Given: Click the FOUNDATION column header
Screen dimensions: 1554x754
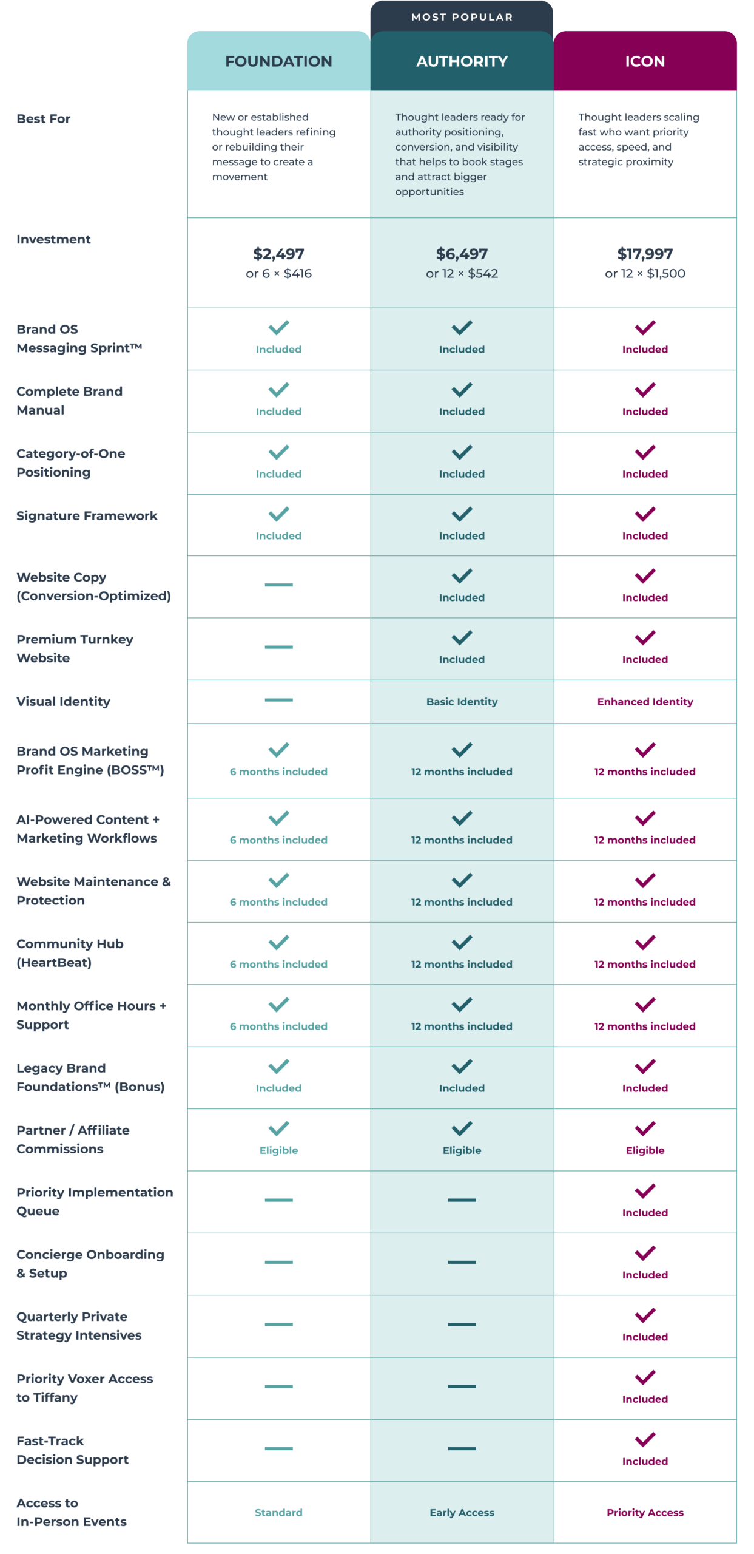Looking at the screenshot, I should pos(278,61).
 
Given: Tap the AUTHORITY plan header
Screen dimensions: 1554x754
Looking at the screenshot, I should pos(461,61).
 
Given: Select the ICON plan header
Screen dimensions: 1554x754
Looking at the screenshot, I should pos(644,61).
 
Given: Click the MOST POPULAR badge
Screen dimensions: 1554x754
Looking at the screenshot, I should pos(461,17).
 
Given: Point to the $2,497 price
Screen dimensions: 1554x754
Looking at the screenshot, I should pos(278,254).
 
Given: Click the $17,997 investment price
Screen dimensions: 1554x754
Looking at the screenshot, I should pos(644,254).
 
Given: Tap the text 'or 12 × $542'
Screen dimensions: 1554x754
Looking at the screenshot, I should pos(461,274).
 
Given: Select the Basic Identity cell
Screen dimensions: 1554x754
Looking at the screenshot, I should pos(461,702).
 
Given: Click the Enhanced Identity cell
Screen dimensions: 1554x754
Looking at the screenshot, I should pos(644,702).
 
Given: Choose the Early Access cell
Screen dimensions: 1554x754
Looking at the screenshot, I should pos(461,1512).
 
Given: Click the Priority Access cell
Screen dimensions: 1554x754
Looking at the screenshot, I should pos(644,1512).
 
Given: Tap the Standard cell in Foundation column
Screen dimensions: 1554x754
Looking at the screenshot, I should pos(278,1512).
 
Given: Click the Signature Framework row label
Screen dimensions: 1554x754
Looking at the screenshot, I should pos(87,516).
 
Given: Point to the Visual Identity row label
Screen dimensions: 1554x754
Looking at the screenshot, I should pos(63,702).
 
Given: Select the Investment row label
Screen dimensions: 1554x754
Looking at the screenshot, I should pos(53,240).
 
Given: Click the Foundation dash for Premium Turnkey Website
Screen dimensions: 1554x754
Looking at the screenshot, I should pos(278,647).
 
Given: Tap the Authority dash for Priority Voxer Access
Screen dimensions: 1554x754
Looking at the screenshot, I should pos(461,1386).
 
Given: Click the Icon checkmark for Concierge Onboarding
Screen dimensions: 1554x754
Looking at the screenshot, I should pos(644,1253).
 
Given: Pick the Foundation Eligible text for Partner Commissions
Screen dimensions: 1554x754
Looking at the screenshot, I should pos(278,1150).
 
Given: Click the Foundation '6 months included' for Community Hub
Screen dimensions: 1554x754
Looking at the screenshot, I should pos(278,964).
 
